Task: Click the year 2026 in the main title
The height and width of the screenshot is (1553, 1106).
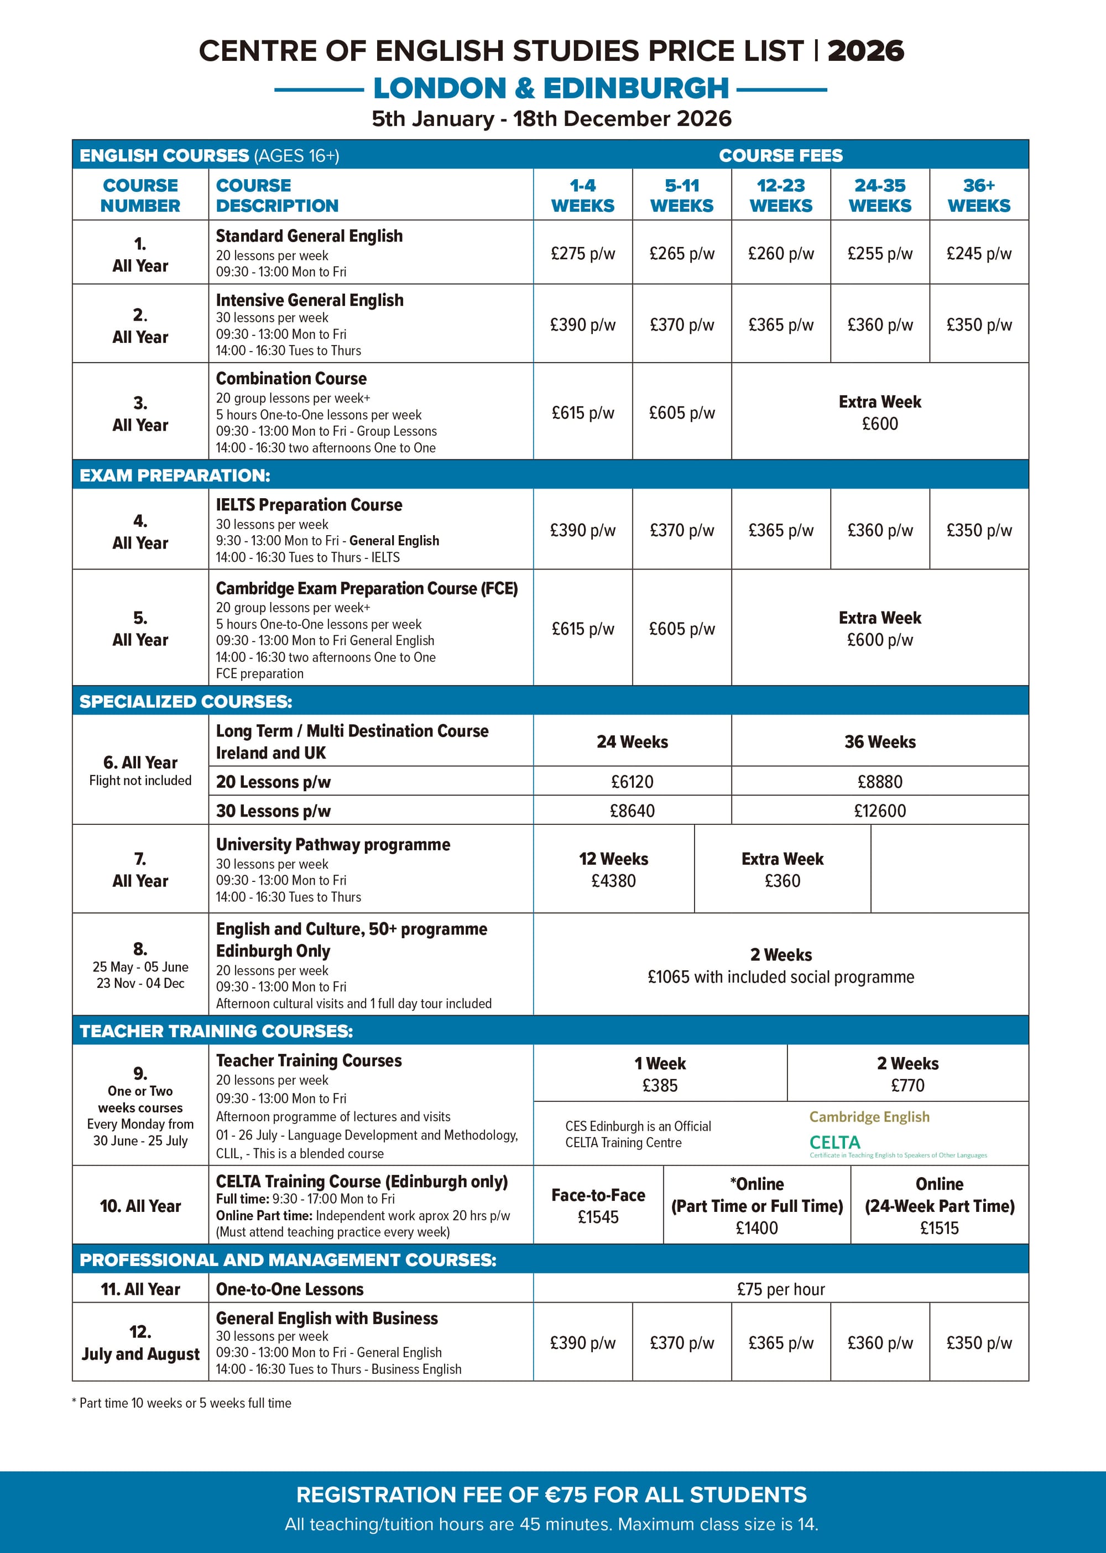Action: [x=865, y=51]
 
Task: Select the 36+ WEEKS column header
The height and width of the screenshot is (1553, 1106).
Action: [x=979, y=195]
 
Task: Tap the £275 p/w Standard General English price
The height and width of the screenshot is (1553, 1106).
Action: [x=582, y=254]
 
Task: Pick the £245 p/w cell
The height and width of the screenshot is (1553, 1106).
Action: [x=979, y=254]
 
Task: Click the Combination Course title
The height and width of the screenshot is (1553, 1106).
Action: [x=291, y=379]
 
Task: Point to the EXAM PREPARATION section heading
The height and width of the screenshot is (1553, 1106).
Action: [x=175, y=475]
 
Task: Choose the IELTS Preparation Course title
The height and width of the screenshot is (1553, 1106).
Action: [x=309, y=505]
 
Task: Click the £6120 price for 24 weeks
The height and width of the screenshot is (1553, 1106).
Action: [x=632, y=782]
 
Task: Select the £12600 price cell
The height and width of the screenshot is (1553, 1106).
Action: [x=880, y=811]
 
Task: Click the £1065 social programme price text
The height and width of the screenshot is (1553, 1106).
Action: [x=780, y=977]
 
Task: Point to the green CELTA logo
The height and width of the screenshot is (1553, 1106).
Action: [x=835, y=1142]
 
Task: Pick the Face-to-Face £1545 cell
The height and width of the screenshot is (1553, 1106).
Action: [x=598, y=1206]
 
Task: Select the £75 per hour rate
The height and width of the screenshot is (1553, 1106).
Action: [x=780, y=1289]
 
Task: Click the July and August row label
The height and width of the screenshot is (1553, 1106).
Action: [x=140, y=1353]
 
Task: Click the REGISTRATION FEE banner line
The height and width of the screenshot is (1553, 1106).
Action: [x=552, y=1494]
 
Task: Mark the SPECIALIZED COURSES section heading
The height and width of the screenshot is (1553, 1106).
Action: [x=185, y=701]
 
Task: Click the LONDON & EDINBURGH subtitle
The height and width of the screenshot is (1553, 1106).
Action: [x=551, y=88]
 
